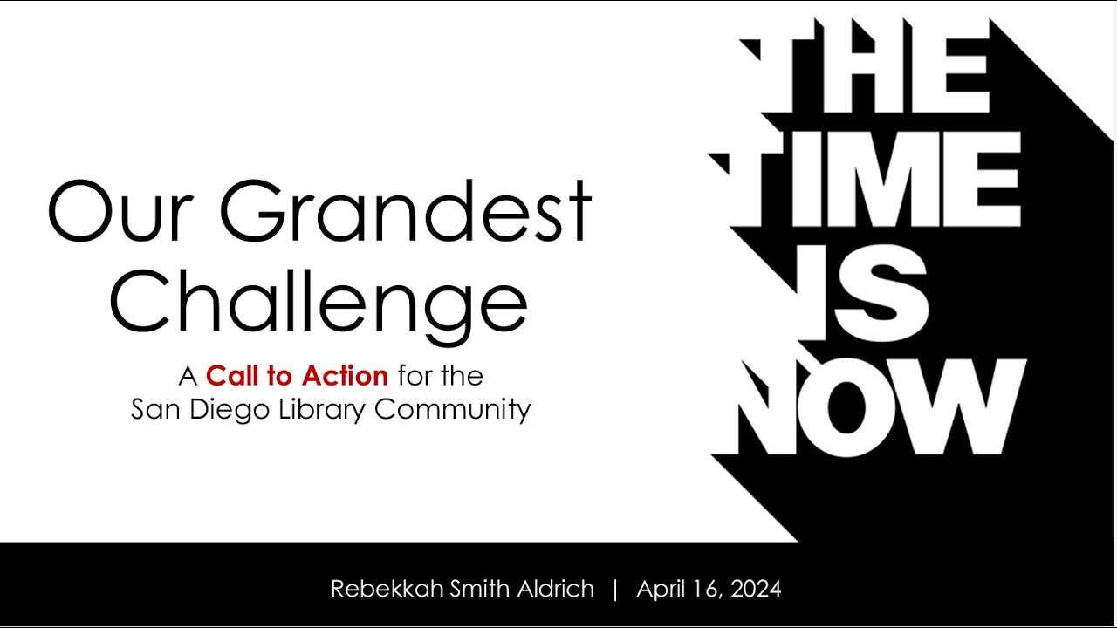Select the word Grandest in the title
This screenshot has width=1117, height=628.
point(405,212)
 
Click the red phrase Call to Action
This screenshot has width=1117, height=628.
point(297,376)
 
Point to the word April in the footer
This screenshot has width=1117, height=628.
point(661,589)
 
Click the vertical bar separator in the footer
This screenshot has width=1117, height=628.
point(615,589)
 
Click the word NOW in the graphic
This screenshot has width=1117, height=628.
point(881,406)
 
